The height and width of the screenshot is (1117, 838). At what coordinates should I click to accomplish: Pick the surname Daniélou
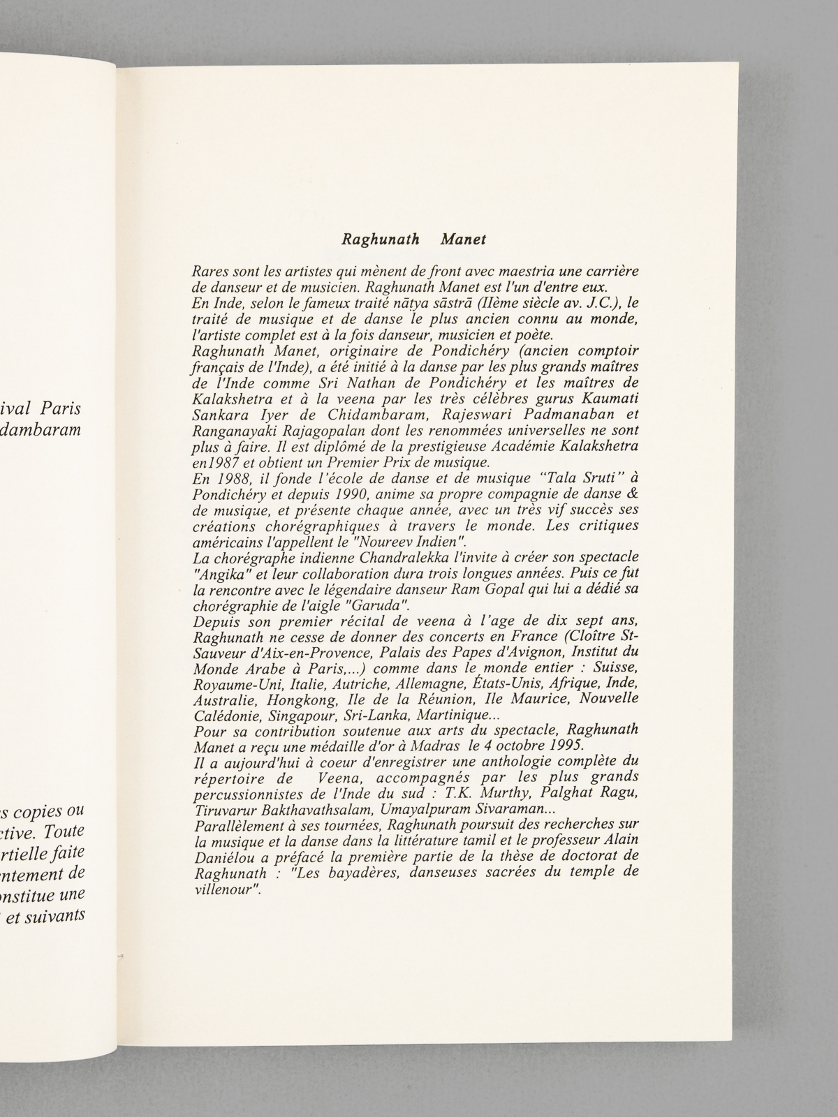(221, 845)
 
